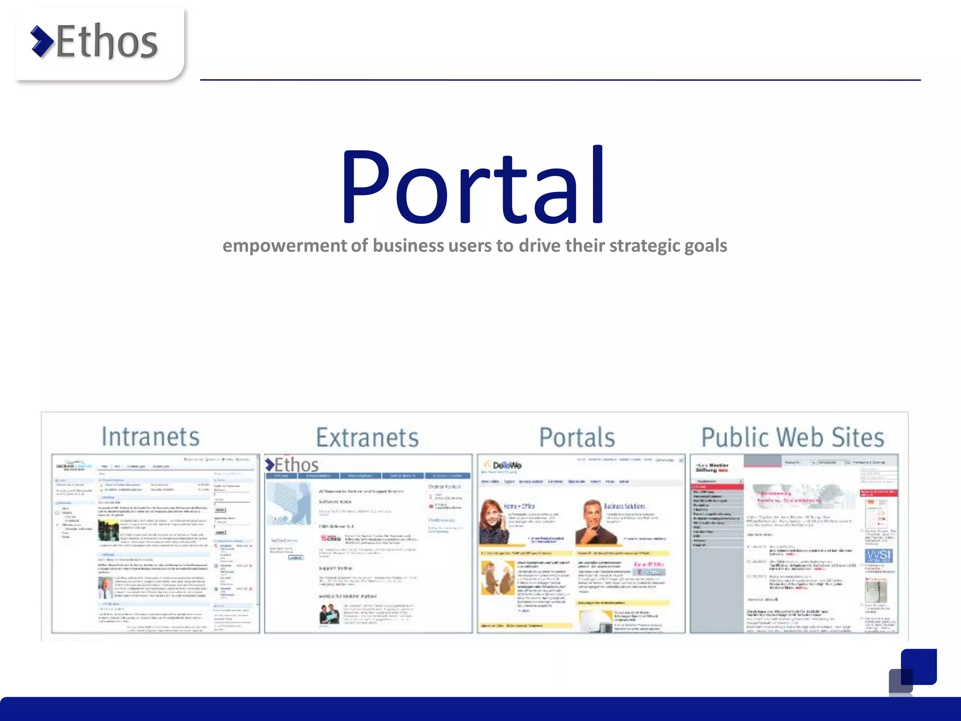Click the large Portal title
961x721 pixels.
473,187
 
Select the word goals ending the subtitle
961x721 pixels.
705,246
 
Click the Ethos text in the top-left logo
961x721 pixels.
107,42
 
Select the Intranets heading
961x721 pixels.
151,437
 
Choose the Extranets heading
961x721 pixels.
367,437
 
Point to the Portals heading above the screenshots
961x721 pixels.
577,437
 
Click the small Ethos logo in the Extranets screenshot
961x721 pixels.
292,465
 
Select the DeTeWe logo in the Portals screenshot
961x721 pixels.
505,465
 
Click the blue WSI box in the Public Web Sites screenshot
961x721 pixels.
878,556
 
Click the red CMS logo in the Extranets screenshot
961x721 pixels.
331,538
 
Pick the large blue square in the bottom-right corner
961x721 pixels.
919,667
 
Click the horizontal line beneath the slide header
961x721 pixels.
560,80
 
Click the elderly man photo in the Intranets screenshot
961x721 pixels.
106,588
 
